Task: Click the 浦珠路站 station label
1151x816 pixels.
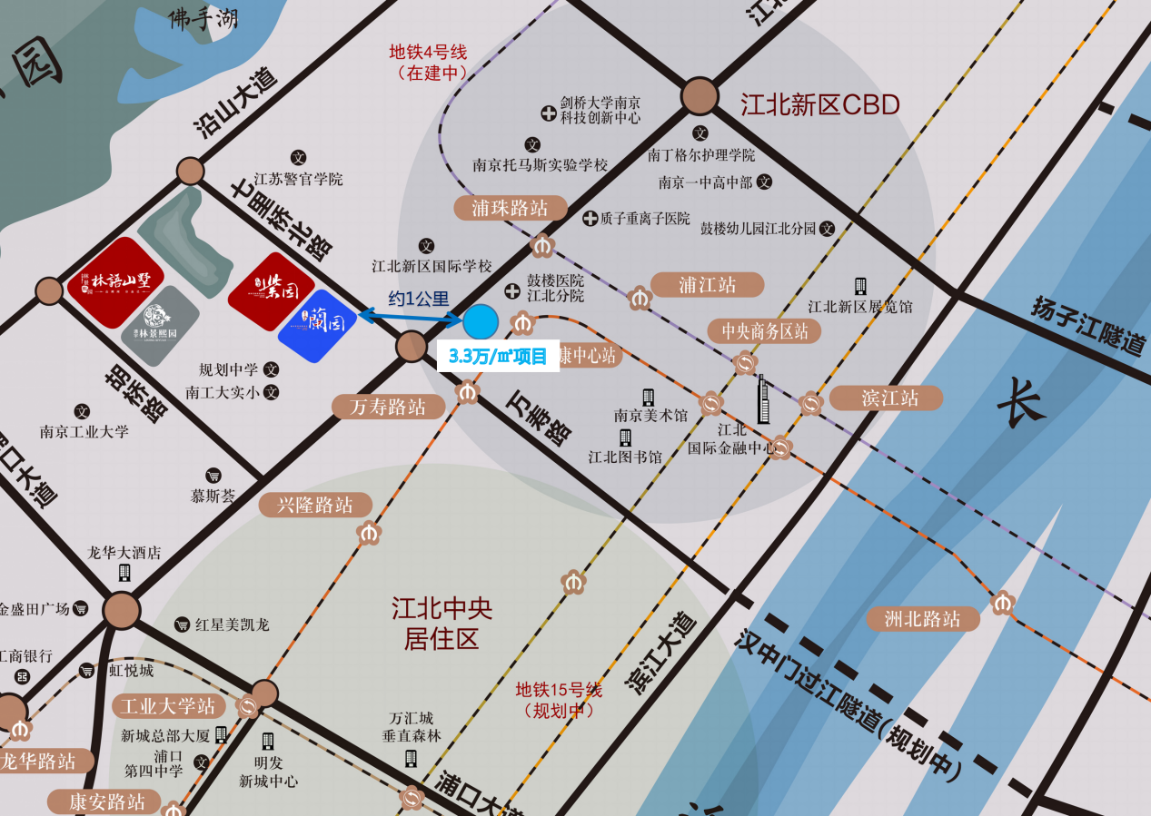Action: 510,208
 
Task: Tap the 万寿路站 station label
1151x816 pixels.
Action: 388,407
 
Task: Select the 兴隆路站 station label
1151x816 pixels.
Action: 315,505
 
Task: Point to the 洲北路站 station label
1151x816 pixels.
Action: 922,619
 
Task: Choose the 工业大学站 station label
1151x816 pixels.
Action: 168,705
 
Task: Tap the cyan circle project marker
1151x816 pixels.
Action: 481,322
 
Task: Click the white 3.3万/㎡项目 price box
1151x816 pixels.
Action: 498,356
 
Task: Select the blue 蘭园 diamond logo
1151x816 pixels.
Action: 317,325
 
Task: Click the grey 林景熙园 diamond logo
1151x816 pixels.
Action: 160,326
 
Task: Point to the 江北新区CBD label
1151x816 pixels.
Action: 819,105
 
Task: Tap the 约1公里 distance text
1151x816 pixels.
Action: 419,298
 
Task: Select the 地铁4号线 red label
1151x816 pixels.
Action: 427,62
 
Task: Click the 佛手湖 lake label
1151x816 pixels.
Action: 203,19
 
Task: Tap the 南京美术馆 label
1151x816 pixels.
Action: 650,415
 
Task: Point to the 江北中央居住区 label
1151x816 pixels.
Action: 442,623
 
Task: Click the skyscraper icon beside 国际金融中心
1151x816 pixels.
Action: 764,399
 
